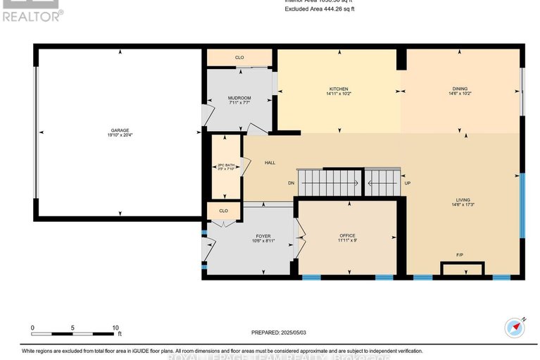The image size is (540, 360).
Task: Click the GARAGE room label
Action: [119, 130]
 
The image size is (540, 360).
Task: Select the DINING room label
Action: [460, 89]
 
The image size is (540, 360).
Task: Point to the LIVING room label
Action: [462, 200]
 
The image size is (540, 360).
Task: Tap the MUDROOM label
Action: [239, 98]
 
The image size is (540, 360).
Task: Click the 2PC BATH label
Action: [226, 166]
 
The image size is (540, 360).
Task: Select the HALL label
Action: [270, 163]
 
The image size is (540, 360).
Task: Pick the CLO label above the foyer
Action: [224, 211]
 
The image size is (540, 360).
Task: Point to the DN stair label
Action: [291, 183]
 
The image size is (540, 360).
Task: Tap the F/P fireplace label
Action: [460, 254]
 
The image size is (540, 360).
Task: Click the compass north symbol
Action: [516, 328]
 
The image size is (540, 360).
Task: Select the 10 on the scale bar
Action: [115, 328]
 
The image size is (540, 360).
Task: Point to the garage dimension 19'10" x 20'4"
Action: [119, 135]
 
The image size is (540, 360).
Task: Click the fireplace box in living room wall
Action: [462, 268]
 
